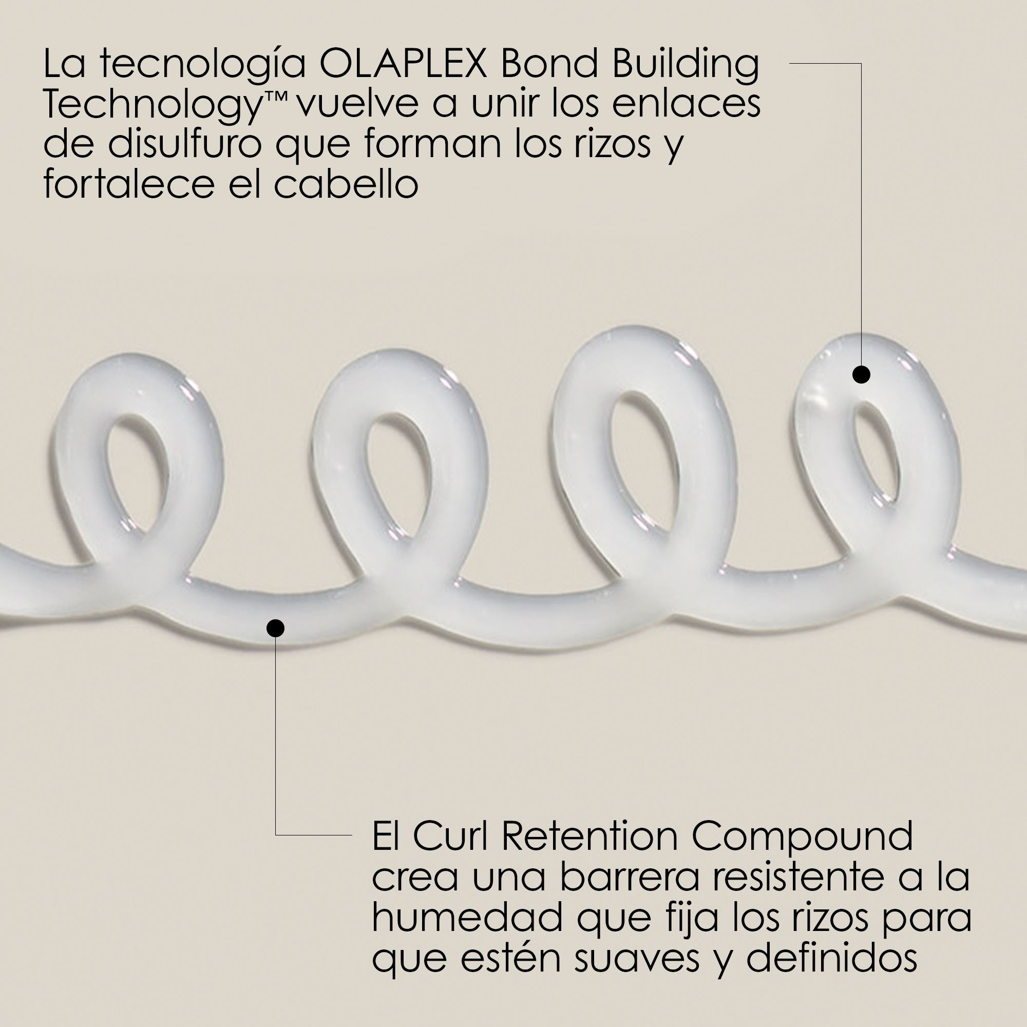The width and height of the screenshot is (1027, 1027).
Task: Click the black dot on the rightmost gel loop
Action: pos(861,375)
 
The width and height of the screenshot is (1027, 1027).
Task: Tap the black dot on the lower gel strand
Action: pos(275,629)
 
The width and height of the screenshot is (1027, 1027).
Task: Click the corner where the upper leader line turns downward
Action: pos(861,63)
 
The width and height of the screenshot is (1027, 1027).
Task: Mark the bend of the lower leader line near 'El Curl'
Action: pos(275,835)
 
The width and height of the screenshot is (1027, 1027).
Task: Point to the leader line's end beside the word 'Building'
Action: pos(790,63)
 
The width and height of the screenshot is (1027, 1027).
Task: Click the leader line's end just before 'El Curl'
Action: pos(352,835)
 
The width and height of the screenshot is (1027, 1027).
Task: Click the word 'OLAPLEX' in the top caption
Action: pos(404,64)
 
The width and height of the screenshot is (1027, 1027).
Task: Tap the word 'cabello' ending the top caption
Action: pos(346,184)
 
